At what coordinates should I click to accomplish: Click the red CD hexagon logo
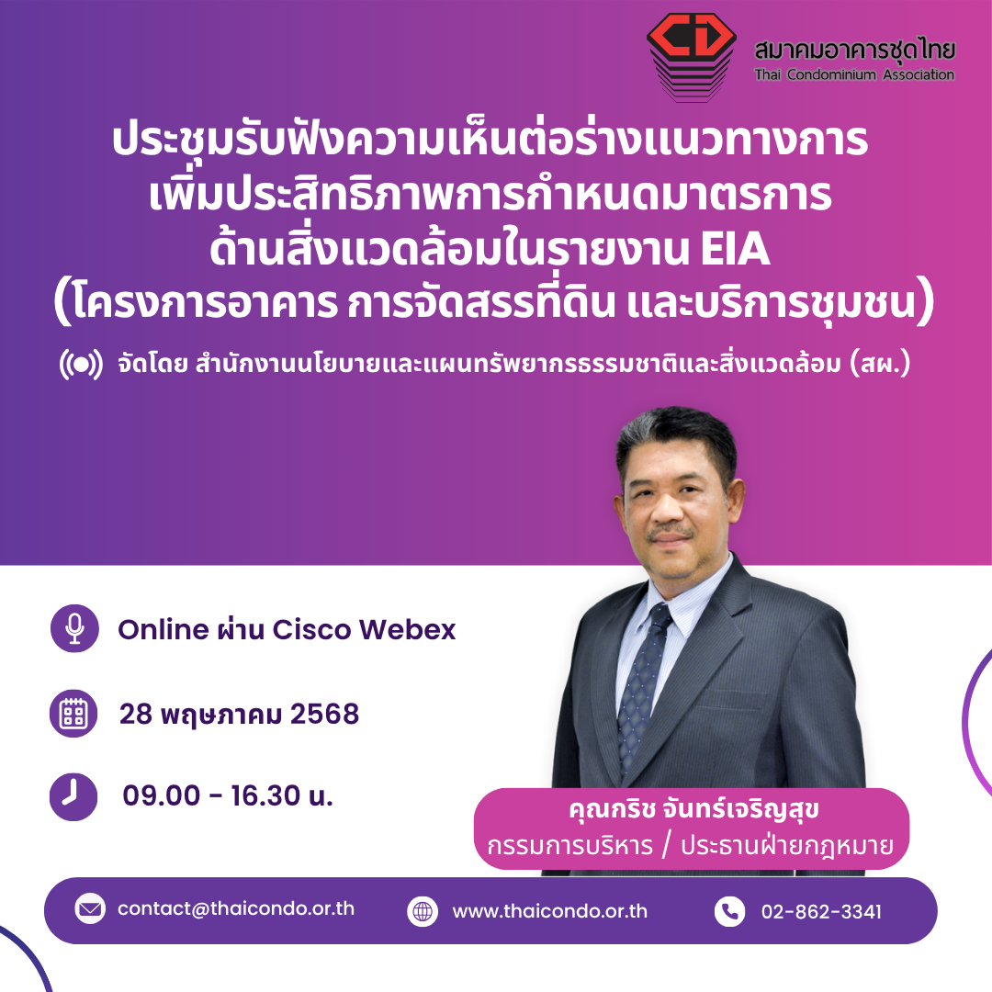pyautogui.click(x=692, y=56)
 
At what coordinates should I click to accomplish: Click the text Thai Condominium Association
pyautogui.click(x=854, y=74)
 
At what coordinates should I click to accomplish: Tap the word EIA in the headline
pyautogui.click(x=735, y=249)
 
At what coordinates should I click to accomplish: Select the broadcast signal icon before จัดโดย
pyautogui.click(x=81, y=365)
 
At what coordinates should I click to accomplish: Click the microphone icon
pyautogui.click(x=74, y=628)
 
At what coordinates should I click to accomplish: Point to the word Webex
pyautogui.click(x=408, y=629)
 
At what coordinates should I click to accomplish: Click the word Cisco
pyautogui.click(x=311, y=629)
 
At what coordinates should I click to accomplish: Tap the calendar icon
pyautogui.click(x=73, y=713)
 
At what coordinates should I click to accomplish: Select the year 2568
pyautogui.click(x=324, y=714)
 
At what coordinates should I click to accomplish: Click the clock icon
pyautogui.click(x=73, y=795)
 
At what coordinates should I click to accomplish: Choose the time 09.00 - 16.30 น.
pyautogui.click(x=228, y=795)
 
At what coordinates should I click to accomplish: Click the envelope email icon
pyautogui.click(x=90, y=908)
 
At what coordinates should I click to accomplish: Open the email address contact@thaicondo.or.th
pyautogui.click(x=236, y=908)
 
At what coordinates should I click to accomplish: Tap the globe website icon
pyautogui.click(x=423, y=911)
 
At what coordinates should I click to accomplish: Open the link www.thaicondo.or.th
pyautogui.click(x=550, y=911)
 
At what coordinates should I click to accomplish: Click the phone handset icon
pyautogui.click(x=729, y=911)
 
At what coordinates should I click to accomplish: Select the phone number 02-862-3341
pyautogui.click(x=821, y=912)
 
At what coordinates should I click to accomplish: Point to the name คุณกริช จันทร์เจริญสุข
pyautogui.click(x=694, y=809)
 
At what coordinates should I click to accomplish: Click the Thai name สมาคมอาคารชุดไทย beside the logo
pyautogui.click(x=855, y=50)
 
